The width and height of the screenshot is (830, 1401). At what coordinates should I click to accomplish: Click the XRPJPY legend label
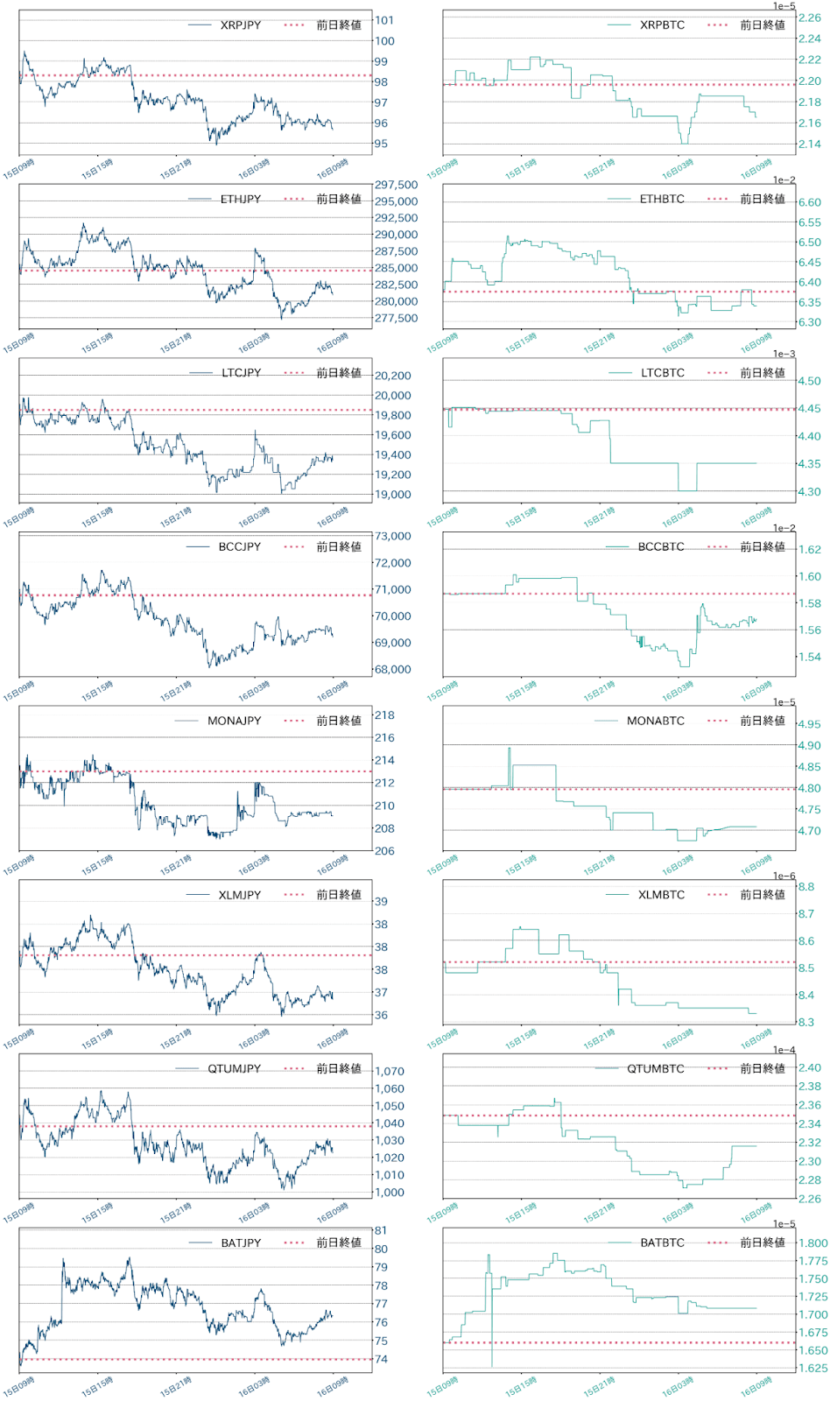pos(241,25)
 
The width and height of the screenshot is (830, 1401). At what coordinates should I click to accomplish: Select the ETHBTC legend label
pos(662,200)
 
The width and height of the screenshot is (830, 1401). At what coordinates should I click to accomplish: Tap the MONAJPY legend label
pos(234,722)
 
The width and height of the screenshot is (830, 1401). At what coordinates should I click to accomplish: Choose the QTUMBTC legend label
pos(656,1069)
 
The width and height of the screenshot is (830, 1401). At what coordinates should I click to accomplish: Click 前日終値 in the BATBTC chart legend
pos(763,1243)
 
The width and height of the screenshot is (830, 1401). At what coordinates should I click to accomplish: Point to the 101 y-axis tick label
pos(384,20)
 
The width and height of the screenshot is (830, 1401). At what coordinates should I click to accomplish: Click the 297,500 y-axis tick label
pos(397,185)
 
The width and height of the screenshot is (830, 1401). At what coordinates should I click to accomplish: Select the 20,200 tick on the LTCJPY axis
pos(393,376)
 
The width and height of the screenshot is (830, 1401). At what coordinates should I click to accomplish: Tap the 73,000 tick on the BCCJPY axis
pos(393,536)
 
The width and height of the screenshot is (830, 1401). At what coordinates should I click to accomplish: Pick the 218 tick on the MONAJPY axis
pos(384,715)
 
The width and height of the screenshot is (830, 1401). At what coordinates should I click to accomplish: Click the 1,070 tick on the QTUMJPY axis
pos(390,1072)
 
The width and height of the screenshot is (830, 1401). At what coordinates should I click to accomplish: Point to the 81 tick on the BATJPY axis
pos(381,1231)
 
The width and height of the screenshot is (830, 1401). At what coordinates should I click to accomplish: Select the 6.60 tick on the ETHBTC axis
pos(810,202)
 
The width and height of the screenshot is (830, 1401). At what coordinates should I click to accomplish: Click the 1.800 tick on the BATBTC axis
pos(813,1243)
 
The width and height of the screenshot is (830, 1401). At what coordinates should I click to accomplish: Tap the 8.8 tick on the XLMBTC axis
pos(806,887)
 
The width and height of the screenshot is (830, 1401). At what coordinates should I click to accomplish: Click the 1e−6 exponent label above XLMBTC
pos(784,876)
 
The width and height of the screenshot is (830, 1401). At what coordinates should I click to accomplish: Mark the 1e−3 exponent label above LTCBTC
pos(784,354)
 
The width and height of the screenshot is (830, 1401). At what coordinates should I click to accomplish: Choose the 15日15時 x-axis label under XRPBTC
pos(521,169)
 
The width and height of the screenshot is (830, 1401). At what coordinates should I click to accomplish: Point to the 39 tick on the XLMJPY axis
pos(381,902)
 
